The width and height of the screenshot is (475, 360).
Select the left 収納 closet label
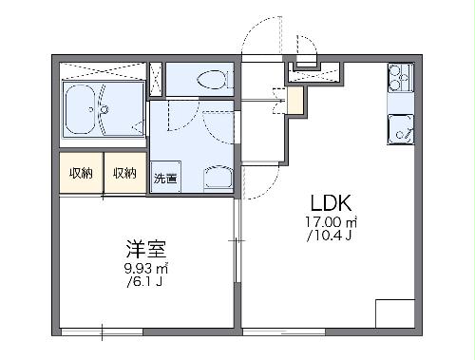coord(81,173)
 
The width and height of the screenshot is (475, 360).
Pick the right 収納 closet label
coord(124,173)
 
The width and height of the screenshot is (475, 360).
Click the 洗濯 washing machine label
coord(164,178)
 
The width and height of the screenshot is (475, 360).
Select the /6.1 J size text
coord(145,283)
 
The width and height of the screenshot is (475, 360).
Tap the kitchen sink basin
coord(399,129)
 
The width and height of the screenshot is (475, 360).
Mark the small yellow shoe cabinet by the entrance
coord(295,96)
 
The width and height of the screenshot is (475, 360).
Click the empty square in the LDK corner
coord(395,313)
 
